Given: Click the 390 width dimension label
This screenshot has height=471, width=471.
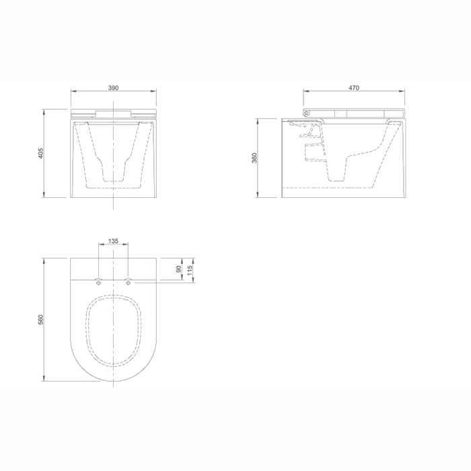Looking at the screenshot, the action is (x=113, y=87).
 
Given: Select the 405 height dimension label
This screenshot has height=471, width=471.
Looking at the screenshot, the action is (x=41, y=153).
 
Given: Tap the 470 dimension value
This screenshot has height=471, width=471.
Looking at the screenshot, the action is (x=354, y=87).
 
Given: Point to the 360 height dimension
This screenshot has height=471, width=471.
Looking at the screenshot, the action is (x=255, y=158).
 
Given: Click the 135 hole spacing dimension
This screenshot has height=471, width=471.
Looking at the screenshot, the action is (x=113, y=241).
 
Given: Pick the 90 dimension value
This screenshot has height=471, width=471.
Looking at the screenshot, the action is (x=179, y=269).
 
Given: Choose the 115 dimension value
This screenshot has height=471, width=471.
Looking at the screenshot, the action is (x=190, y=270).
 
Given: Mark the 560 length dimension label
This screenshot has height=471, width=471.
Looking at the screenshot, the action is (x=41, y=320).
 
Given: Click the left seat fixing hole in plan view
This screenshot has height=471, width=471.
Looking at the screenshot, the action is (x=98, y=283).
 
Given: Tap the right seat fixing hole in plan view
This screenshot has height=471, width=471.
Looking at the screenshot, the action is (x=129, y=283).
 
